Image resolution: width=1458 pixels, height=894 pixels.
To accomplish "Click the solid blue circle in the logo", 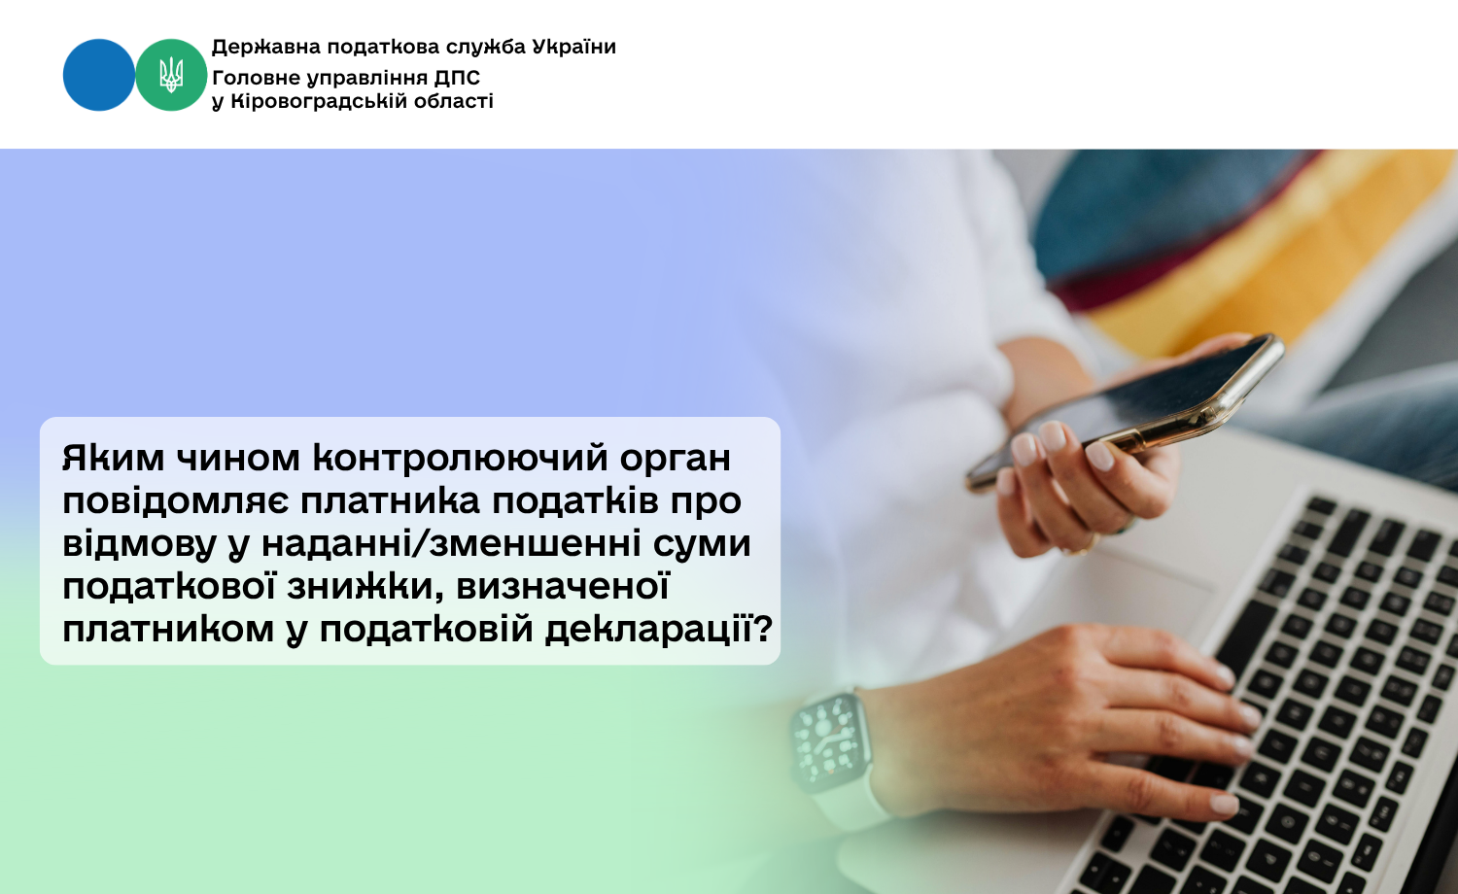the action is pos(99,75).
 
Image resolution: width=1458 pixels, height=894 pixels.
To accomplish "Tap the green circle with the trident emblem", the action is pos(171,75).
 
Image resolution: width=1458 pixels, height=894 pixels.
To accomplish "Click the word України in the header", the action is pos(574,47).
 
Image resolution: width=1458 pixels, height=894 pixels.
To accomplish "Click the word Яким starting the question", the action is pos(114,458).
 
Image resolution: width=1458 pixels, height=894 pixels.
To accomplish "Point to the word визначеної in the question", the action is pos(563,587).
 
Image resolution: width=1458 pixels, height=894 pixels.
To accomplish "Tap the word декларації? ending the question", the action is pos(659,629).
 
